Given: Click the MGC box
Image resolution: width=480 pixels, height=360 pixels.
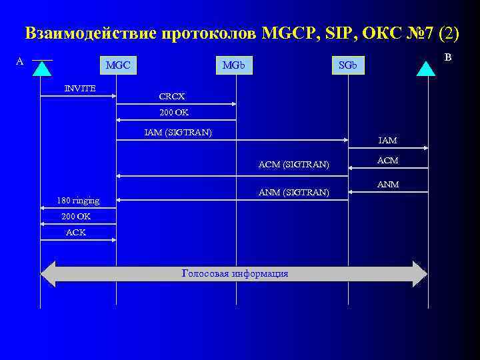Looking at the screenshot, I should [117, 65].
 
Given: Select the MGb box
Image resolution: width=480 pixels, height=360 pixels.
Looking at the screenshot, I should [233, 65].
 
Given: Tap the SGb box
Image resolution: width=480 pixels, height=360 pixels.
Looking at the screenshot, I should [347, 65].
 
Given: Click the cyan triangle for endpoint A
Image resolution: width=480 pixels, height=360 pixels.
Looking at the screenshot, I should [42, 69].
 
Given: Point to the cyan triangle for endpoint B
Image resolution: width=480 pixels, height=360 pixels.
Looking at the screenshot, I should [425, 69].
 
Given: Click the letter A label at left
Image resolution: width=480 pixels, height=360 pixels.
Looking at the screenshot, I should [19, 61].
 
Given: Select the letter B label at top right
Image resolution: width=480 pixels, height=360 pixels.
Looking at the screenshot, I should [448, 57].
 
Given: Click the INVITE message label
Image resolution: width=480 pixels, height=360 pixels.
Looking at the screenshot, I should [79, 88].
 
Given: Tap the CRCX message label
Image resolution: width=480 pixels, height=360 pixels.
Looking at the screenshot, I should [172, 96].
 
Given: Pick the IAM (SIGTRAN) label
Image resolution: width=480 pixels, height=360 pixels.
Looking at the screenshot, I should [178, 132].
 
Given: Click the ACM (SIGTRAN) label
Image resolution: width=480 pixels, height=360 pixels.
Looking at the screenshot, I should [293, 164].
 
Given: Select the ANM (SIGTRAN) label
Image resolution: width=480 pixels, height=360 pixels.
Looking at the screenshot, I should [293, 193].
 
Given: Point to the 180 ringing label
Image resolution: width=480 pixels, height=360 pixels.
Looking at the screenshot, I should [78, 200].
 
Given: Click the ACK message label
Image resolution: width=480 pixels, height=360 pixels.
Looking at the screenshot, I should [76, 232].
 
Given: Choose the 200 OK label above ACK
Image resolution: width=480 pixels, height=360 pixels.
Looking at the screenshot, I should [76, 217].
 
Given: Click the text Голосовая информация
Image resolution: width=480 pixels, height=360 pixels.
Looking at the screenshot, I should [235, 273].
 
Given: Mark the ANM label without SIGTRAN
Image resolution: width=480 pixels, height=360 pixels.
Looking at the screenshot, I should [388, 184].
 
